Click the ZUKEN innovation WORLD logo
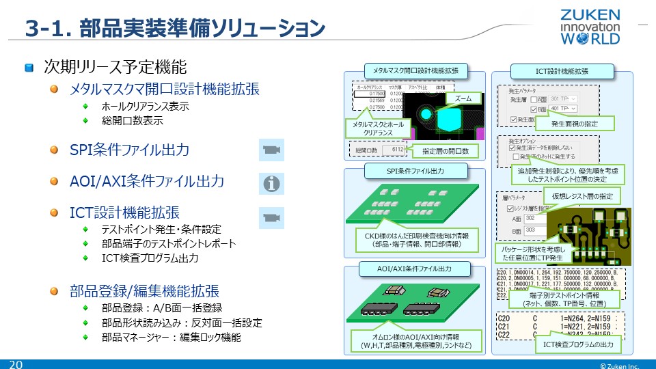pyautogui.click(x=590, y=27)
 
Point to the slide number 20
pyautogui.click(x=15, y=364)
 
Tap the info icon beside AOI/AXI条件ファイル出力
pyautogui.click(x=272, y=183)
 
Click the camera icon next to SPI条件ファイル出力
pyautogui.click(x=272, y=150)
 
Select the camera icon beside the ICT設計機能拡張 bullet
pyautogui.click(x=272, y=217)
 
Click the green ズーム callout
pyautogui.click(x=463, y=99)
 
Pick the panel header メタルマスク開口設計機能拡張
pyautogui.click(x=415, y=70)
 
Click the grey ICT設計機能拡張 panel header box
pyautogui.click(x=562, y=70)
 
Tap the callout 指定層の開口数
pyautogui.click(x=445, y=150)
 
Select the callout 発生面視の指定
pyautogui.click(x=574, y=124)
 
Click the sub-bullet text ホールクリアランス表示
pyautogui.click(x=145, y=107)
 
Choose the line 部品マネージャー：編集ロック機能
pyautogui.click(x=171, y=338)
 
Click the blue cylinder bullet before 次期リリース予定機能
pyautogui.click(x=29, y=68)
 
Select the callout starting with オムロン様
pyautogui.click(x=416, y=341)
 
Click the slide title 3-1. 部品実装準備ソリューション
pyautogui.click(x=174, y=29)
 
